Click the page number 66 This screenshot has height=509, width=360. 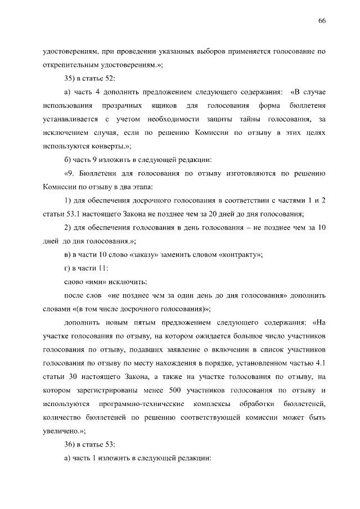(x=322, y=21)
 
